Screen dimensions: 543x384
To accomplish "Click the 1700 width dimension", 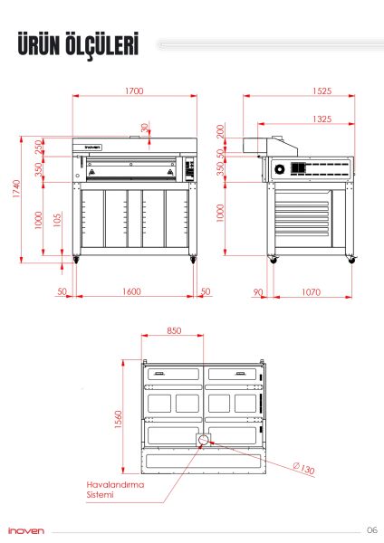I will [135, 90].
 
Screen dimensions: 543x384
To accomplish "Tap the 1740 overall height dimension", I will [16, 190].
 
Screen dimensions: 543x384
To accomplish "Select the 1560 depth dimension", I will [118, 421].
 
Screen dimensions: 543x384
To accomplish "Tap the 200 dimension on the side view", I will [220, 132].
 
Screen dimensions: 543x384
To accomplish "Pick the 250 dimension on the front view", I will [38, 146].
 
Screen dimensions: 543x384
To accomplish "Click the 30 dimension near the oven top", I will [145, 127].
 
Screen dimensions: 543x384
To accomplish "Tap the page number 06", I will [371, 529].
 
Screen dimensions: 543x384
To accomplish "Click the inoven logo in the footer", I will [25, 530].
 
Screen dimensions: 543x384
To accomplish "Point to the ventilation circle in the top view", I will [203, 440].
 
